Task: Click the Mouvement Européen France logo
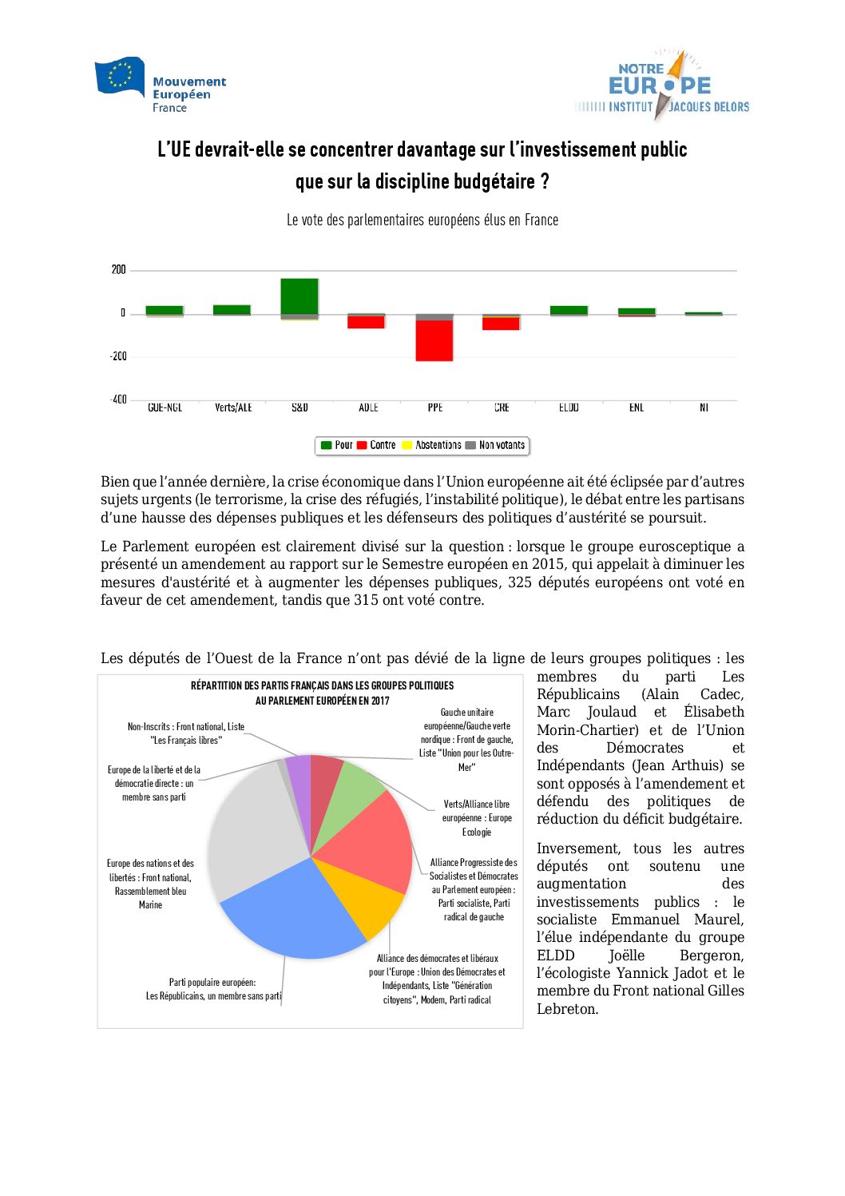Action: click(x=161, y=85)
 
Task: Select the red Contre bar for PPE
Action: click(x=434, y=340)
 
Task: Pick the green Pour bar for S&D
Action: click(x=300, y=296)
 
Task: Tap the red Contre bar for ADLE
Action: click(x=367, y=322)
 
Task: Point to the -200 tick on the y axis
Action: click(x=118, y=356)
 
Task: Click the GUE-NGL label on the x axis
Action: click(x=165, y=407)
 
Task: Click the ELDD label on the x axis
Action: click(x=569, y=407)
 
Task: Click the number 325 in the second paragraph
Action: click(x=520, y=582)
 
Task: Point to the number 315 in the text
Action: click(x=366, y=600)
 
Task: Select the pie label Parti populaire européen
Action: click(x=212, y=983)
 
